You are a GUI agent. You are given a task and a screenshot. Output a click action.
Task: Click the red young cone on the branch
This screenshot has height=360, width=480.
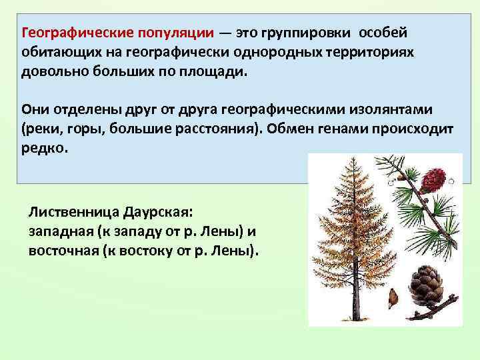click(x=434, y=177)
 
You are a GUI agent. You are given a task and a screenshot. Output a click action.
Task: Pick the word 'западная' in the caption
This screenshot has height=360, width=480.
click(x=59, y=232)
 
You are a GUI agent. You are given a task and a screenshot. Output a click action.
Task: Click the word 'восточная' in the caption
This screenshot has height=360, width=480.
click(x=62, y=251)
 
